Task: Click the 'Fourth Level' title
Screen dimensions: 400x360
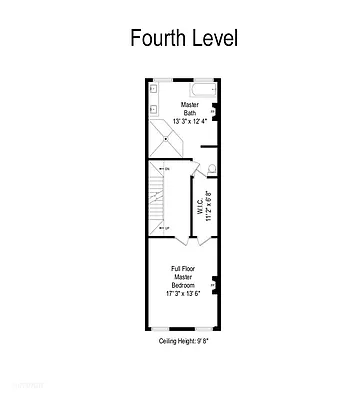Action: point(183,39)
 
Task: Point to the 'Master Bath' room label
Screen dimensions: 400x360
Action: point(190,109)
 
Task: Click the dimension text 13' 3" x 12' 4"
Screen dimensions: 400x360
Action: point(190,122)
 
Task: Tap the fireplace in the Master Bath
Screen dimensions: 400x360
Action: point(213,111)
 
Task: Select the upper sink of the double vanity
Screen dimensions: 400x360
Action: point(153,88)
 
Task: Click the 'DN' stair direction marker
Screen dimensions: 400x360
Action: point(166,169)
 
